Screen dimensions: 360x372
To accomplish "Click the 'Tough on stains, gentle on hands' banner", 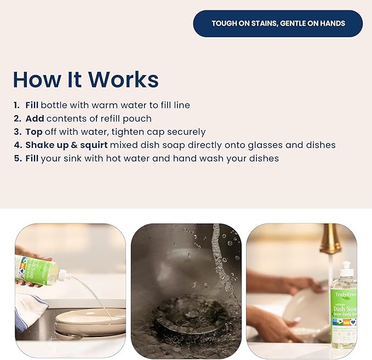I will (278, 24).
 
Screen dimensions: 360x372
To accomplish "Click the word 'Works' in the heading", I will (123, 80).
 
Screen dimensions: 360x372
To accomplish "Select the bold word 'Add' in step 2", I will (35, 118).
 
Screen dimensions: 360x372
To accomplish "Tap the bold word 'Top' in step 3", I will (34, 132).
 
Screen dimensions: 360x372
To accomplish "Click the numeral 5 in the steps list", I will (16, 158).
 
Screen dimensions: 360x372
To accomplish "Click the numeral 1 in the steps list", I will (16, 105).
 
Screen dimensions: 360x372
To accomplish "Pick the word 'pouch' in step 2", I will (138, 118).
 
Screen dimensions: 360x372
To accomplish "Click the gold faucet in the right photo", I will (330, 239).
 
